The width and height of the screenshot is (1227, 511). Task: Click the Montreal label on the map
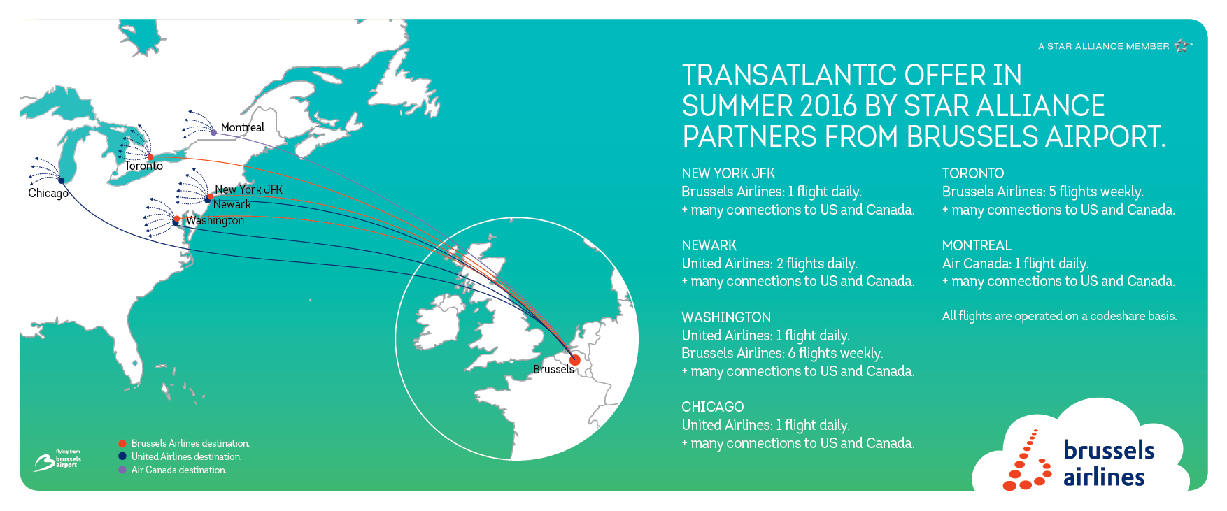[x=242, y=127]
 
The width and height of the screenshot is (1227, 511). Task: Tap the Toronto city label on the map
[x=144, y=166]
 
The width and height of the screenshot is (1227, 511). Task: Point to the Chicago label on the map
[x=48, y=193]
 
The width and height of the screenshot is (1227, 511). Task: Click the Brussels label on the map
[x=553, y=369]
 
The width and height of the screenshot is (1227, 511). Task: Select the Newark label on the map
[x=232, y=204]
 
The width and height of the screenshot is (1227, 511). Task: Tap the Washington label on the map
[x=215, y=221]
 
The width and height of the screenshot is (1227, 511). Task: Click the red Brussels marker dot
[x=574, y=360]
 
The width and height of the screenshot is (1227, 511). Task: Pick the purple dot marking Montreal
[x=213, y=132]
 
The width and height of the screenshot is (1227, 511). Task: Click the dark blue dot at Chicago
[x=62, y=180]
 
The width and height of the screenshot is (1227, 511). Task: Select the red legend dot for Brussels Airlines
[x=122, y=444]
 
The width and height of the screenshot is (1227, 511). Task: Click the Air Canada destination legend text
[x=179, y=470]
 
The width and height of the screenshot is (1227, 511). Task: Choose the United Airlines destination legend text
[x=187, y=456]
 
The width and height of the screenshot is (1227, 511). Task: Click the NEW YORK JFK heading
[x=728, y=173]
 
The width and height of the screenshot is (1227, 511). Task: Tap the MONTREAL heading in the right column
[x=977, y=245]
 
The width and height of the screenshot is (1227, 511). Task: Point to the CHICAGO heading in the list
[x=713, y=407]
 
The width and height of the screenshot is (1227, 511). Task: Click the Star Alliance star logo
[x=1182, y=46]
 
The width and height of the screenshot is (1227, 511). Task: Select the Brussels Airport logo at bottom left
[x=57, y=461]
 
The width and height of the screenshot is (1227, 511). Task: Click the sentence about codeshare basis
[x=1059, y=316]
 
